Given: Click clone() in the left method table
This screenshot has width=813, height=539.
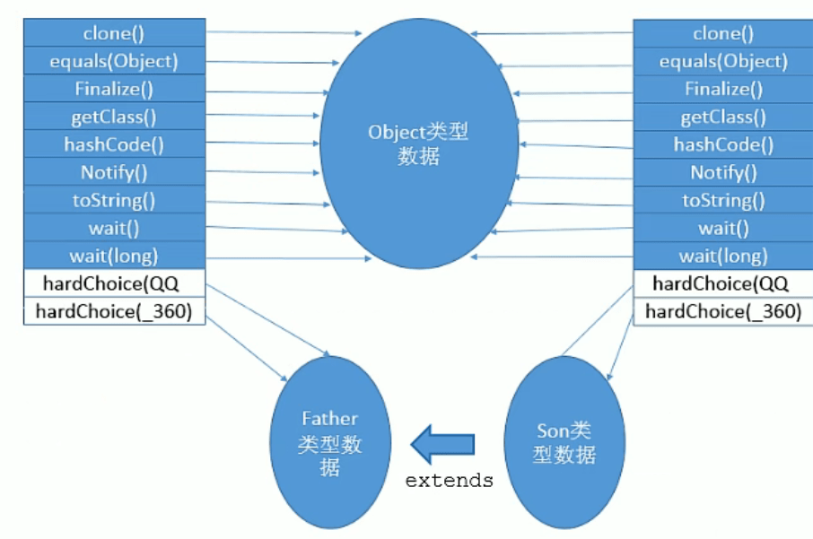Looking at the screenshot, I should pyautogui.click(x=114, y=33).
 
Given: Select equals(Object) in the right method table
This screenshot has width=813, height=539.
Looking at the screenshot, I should pyautogui.click(x=722, y=61).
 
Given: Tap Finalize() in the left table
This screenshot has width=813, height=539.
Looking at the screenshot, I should pyautogui.click(x=114, y=89).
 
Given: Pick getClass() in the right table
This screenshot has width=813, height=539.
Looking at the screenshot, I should pyautogui.click(x=722, y=117).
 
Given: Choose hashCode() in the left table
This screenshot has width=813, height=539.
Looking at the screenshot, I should pyautogui.click(x=114, y=144).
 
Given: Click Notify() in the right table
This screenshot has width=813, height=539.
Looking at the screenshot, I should pyautogui.click(x=722, y=172).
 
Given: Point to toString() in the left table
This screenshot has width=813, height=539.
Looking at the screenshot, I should pyautogui.click(x=114, y=200).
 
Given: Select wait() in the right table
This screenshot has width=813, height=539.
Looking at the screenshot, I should pyautogui.click(x=722, y=228).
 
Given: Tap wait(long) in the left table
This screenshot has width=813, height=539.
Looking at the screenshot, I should pyautogui.click(x=114, y=256).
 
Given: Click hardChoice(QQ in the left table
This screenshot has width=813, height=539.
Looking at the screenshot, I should pyautogui.click(x=114, y=283).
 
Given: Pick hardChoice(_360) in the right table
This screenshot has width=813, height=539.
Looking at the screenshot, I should pyautogui.click(x=722, y=311).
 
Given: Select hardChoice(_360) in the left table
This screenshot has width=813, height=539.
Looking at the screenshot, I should pyautogui.click(x=114, y=311).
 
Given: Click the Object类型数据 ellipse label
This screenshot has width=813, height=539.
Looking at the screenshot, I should pyautogui.click(x=418, y=143).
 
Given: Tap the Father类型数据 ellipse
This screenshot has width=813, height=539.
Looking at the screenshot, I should pyautogui.click(x=330, y=442).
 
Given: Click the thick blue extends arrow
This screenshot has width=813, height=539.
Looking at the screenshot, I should pyautogui.click(x=441, y=443).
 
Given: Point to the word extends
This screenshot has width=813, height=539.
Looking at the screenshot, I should pyautogui.click(x=449, y=481).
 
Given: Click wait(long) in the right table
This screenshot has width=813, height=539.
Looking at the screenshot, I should pyautogui.click(x=722, y=256).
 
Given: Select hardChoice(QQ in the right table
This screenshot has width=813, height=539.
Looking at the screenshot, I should pyautogui.click(x=722, y=283).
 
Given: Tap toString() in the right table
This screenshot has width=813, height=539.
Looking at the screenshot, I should pyautogui.click(x=722, y=200).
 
